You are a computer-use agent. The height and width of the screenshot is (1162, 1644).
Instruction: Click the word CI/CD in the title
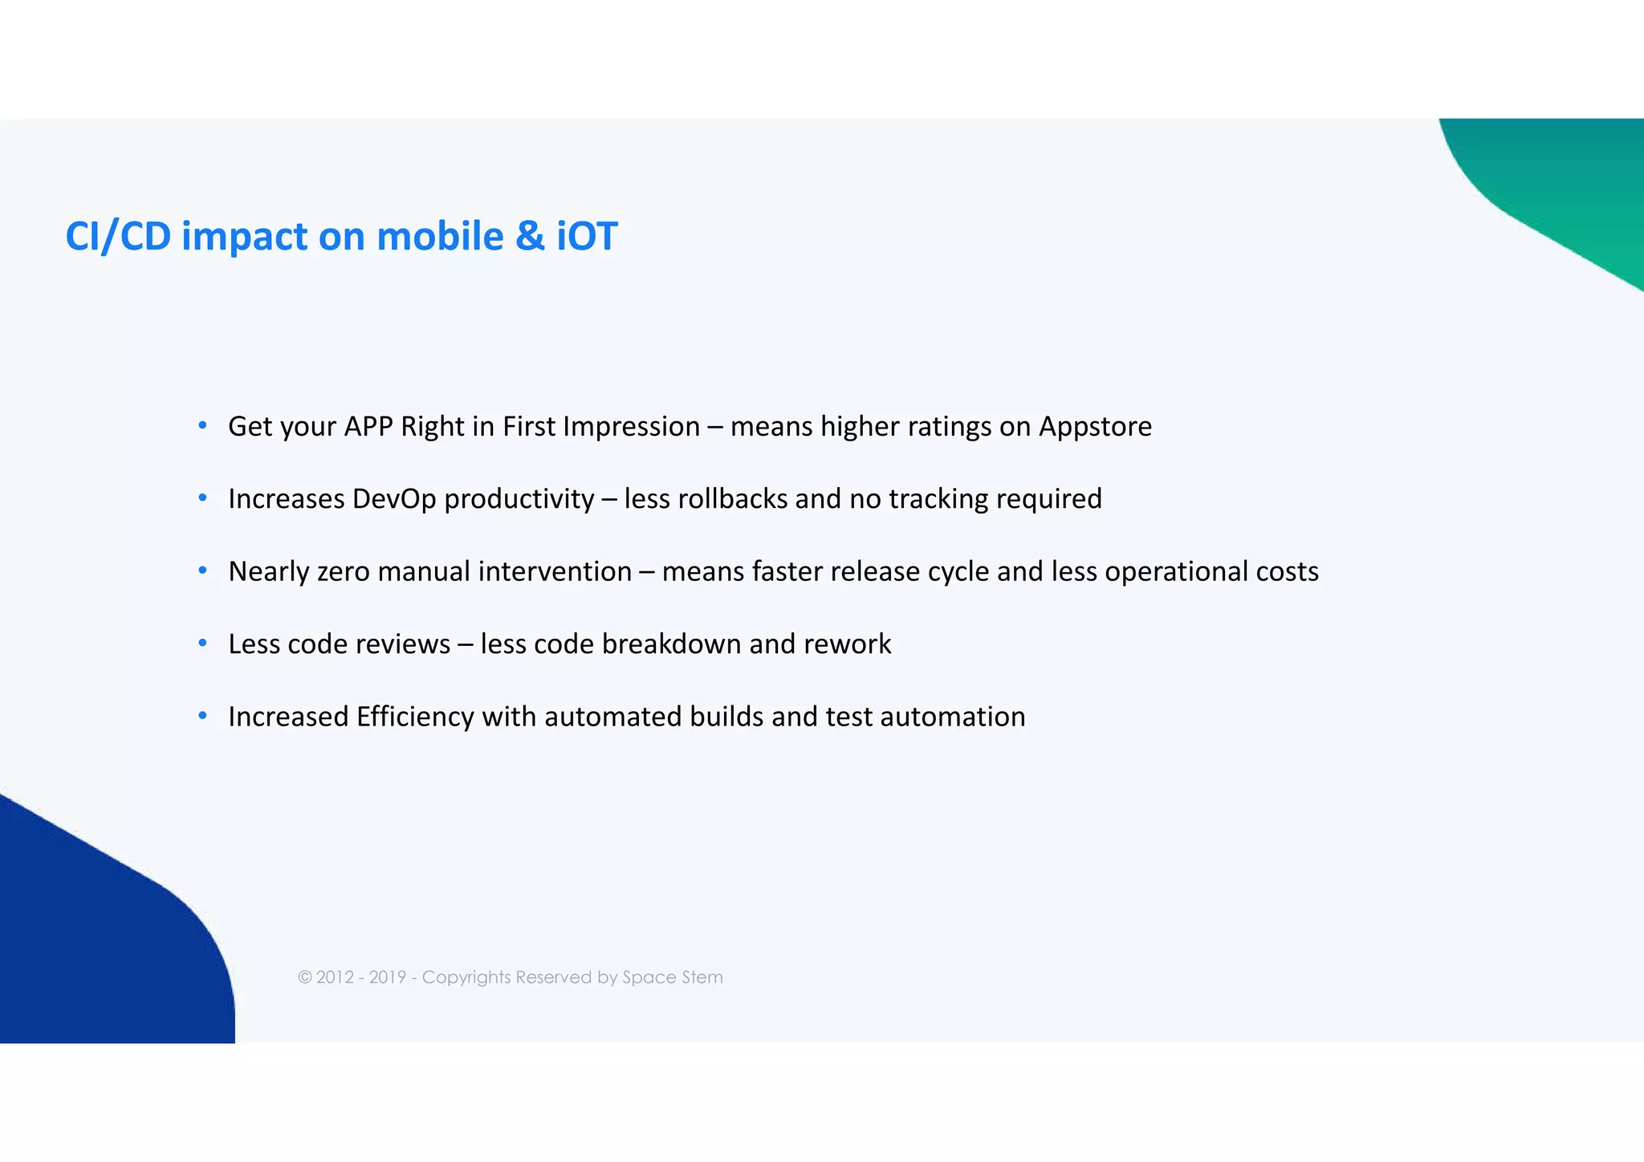coord(118,237)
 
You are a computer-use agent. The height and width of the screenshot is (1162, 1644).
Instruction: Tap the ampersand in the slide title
coord(529,237)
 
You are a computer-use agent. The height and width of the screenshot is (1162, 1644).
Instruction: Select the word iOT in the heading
coord(587,237)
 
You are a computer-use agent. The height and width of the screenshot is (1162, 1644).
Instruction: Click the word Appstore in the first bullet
coord(1095,427)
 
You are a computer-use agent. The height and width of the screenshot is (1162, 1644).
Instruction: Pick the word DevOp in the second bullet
coord(393,499)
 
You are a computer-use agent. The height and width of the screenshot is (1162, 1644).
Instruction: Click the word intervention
coord(555,572)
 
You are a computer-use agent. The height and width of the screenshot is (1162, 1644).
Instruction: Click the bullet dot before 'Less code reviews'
coord(203,643)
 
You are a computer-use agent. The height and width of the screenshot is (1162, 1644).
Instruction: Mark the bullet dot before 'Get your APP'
coord(203,425)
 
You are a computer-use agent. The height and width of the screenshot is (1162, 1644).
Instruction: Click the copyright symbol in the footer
coord(305,977)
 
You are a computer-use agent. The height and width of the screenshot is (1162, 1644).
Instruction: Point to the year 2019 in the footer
coord(387,977)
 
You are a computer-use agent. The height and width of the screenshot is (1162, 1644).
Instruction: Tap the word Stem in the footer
coord(702,977)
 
